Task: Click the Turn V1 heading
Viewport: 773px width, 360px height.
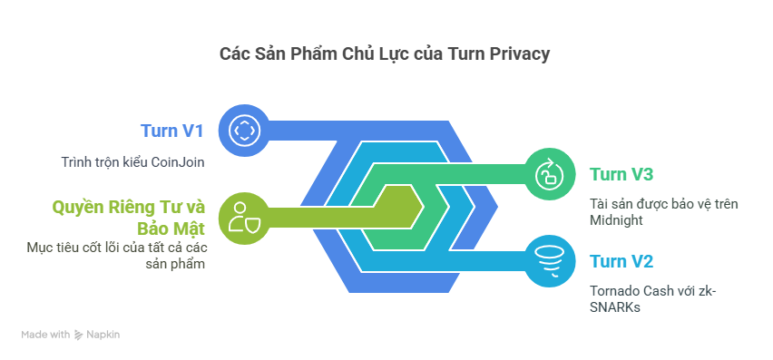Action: [x=172, y=131]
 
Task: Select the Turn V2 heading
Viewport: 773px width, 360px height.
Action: [x=621, y=261]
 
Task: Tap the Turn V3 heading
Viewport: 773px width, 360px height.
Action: [x=621, y=174]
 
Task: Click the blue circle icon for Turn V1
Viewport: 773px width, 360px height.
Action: [x=243, y=131]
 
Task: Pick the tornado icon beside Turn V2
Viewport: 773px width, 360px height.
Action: [x=550, y=261]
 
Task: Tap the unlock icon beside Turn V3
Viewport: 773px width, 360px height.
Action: [x=550, y=174]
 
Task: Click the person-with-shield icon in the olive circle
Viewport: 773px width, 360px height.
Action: [x=243, y=218]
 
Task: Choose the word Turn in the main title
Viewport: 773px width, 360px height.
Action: [x=465, y=54]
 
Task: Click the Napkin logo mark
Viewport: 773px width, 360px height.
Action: [x=78, y=335]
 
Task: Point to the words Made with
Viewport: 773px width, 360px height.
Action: [x=45, y=335]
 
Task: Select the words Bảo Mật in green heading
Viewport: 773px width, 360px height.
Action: [x=171, y=229]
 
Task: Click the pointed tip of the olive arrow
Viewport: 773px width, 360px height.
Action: [x=424, y=207]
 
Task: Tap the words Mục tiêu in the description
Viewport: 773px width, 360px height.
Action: [x=48, y=248]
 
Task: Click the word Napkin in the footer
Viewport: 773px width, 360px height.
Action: [x=103, y=335]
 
